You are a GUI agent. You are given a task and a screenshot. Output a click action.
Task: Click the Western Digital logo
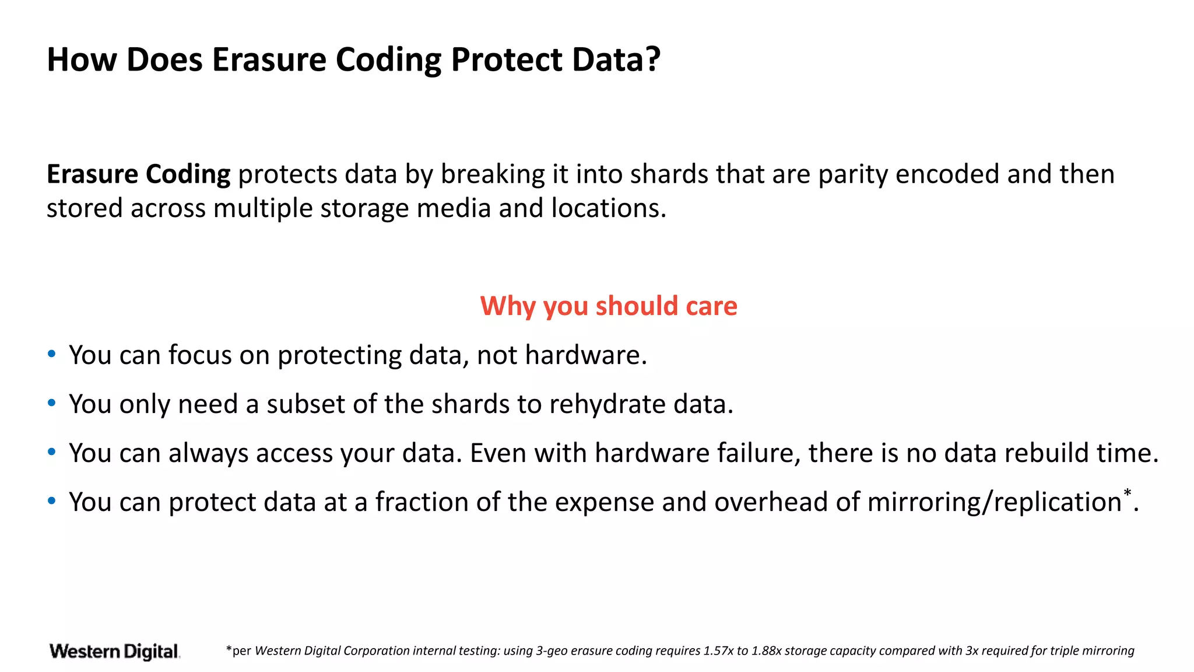coord(115,651)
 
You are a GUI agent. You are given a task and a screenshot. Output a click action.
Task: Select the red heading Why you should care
coord(609,306)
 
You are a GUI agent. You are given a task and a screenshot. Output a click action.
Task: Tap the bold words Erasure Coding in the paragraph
coord(138,174)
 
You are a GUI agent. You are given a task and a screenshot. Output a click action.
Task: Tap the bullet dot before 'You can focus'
coord(52,354)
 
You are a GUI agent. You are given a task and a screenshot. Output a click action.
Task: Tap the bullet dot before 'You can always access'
coord(52,452)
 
